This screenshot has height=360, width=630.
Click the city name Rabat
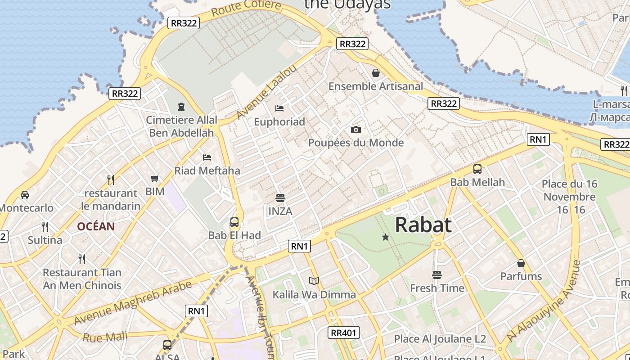tap(423, 225)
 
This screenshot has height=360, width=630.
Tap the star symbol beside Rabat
tap(386, 237)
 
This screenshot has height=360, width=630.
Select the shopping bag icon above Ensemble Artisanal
tap(376, 72)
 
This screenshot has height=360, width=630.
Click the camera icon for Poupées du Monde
tap(356, 130)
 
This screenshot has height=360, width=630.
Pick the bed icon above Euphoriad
tap(279, 108)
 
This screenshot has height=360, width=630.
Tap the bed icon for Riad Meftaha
tap(207, 157)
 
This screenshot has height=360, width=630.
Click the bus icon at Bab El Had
tap(234, 222)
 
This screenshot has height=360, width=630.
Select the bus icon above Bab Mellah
tap(477, 169)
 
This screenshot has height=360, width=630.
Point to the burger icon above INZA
tap(280, 198)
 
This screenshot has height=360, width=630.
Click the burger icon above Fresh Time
tap(437, 274)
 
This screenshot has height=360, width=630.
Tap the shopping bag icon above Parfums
tap(521, 263)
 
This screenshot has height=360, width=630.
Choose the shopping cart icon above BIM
tap(155, 178)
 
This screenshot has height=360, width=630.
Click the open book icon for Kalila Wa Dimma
tap(314, 281)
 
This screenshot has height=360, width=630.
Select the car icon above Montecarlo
tap(25, 195)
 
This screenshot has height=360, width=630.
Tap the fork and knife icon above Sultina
tap(45, 226)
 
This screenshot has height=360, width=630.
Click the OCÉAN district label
tap(96, 226)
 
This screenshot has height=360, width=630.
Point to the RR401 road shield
tap(344, 333)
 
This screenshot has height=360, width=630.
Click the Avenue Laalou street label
tap(267, 92)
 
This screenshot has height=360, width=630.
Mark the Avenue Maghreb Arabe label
tap(133, 302)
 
